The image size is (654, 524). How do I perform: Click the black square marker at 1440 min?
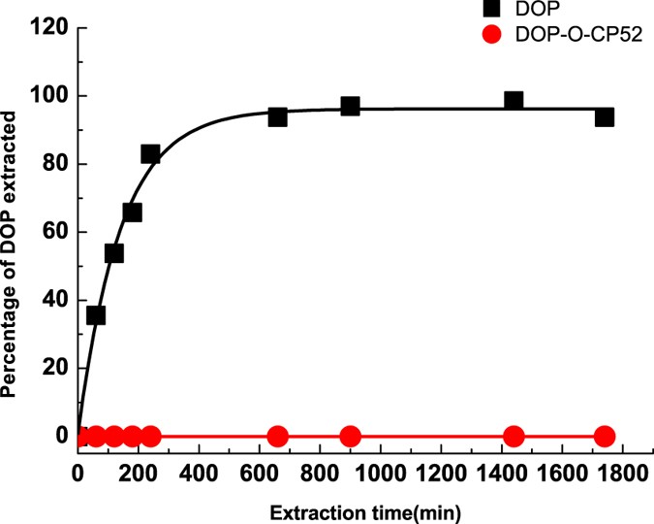514,101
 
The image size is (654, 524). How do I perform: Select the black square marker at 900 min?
350,106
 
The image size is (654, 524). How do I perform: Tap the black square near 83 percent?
150,153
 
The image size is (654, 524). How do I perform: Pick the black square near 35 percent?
96,315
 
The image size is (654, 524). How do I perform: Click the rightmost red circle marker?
605,436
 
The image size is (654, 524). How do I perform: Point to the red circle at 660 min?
277,436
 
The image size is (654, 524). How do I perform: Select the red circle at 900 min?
350,436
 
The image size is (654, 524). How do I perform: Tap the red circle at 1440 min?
514,436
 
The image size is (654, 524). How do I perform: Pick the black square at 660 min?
277,116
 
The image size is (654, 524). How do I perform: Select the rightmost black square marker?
605,116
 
